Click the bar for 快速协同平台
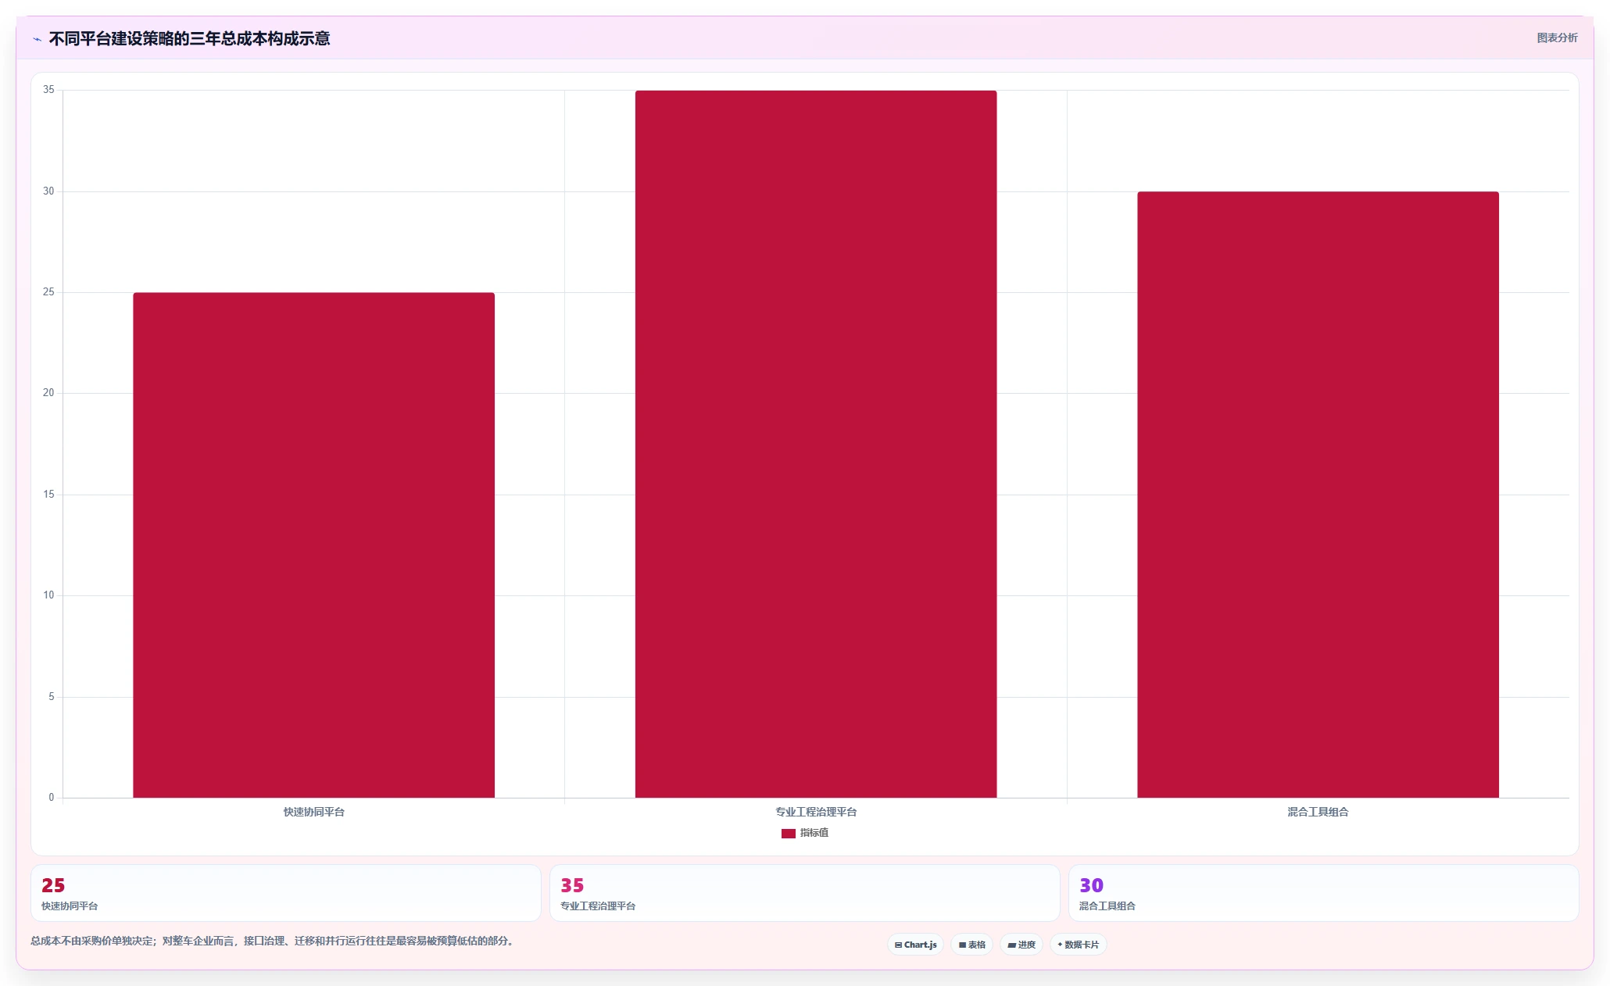pos(313,545)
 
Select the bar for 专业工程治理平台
pos(816,444)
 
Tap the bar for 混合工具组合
pos(1318,495)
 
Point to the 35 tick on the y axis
pos(48,90)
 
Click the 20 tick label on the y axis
pos(48,393)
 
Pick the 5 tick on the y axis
pos(52,696)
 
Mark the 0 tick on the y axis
pos(52,798)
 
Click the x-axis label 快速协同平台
pos(313,812)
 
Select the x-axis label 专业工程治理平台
pos(816,812)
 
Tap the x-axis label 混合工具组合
pos(1318,812)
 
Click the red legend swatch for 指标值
pos(788,834)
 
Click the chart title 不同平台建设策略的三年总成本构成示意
pos(189,38)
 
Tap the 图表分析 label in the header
pos(1557,38)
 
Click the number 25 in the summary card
pos(53,885)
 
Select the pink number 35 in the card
pos(572,885)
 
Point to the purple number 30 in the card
pos(1091,885)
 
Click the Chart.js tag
pos(915,945)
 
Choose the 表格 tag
pos(972,945)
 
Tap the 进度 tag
pos(1021,945)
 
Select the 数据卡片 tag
pos(1079,945)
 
